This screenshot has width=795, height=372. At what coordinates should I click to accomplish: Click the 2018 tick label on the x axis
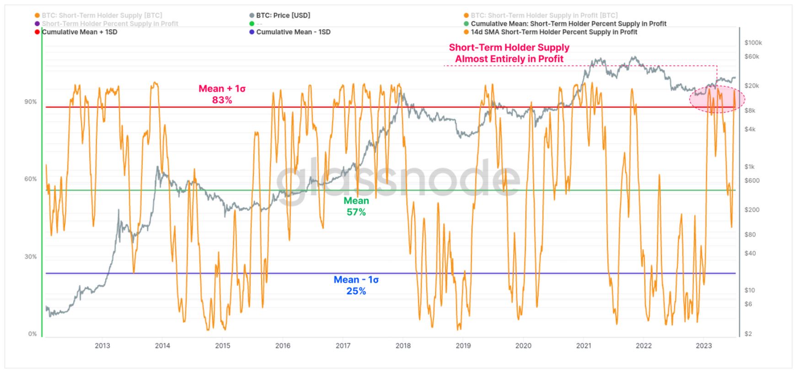(403, 346)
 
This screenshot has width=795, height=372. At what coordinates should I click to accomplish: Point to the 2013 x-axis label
(102, 346)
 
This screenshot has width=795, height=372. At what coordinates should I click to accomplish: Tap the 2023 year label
(704, 346)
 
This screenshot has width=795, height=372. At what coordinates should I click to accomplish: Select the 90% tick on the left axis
(30, 102)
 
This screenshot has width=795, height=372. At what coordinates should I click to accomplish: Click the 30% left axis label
(30, 257)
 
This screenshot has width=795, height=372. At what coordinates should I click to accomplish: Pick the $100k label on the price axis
(753, 43)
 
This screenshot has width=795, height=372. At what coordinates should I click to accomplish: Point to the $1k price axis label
(749, 167)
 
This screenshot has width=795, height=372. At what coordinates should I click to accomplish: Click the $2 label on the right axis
(748, 334)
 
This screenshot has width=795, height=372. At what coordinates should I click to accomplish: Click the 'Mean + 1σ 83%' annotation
(222, 94)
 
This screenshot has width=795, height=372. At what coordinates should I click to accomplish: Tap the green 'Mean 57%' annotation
(356, 206)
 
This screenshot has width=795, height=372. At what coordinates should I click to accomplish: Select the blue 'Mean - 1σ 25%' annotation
(356, 285)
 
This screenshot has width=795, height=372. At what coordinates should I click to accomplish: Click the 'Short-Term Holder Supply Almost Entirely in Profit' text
(509, 53)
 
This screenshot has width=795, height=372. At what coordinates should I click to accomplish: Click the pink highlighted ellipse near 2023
(717, 98)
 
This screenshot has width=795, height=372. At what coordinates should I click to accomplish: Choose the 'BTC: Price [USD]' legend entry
(283, 16)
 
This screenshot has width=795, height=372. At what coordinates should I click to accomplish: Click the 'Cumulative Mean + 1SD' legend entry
(79, 32)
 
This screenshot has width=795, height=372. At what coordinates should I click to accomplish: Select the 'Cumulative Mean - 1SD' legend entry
(293, 32)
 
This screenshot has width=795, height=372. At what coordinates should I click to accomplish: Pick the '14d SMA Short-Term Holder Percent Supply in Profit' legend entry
(553, 32)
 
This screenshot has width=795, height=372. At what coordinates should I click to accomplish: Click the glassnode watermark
(398, 179)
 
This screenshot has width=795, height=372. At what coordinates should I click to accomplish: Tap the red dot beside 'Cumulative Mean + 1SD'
(38, 32)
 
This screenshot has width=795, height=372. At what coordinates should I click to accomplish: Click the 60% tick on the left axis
(30, 179)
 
